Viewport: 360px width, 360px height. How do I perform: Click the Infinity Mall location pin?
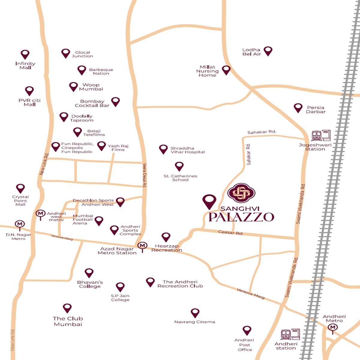point(25,54)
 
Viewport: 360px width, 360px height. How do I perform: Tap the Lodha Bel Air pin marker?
point(268,51)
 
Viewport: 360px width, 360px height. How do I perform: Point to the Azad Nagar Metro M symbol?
point(142,246)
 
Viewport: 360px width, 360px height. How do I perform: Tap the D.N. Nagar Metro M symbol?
point(20,224)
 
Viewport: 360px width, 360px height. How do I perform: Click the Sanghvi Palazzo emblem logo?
point(241,193)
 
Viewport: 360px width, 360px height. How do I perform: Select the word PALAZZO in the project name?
point(241,217)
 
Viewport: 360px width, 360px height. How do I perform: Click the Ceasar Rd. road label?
point(230,232)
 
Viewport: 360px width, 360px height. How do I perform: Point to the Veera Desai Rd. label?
point(145,175)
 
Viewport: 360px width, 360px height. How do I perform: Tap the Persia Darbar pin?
point(298,108)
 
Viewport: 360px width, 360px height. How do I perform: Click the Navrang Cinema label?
point(195,322)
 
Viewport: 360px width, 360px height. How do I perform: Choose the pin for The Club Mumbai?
point(67,308)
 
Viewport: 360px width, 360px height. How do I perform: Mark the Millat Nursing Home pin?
point(226,70)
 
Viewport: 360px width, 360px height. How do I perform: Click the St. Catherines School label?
point(180,178)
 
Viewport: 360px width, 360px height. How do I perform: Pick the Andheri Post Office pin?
point(247,330)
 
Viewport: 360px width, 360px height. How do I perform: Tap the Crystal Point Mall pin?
point(20,188)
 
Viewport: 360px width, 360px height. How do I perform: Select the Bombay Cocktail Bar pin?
point(115,101)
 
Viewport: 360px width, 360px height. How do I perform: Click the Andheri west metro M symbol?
point(40,214)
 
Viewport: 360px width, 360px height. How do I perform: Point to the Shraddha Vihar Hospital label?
point(187,150)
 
